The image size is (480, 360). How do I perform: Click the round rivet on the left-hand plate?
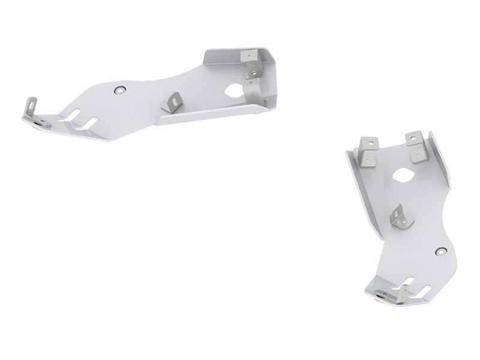click(121, 89)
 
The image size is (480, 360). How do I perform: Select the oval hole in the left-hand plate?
click(234, 92)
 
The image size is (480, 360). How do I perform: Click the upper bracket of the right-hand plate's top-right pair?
click(413, 138)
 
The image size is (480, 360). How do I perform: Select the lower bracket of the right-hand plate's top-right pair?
click(417, 153)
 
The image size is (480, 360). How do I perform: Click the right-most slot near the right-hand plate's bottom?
click(423, 291)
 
